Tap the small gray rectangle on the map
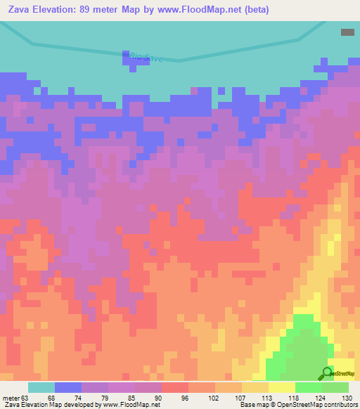click(x=347, y=32)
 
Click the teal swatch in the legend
click(x=41, y=387)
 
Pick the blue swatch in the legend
click(x=68, y=387)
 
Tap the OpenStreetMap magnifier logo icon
click(x=327, y=372)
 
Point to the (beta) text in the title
click(x=271, y=10)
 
